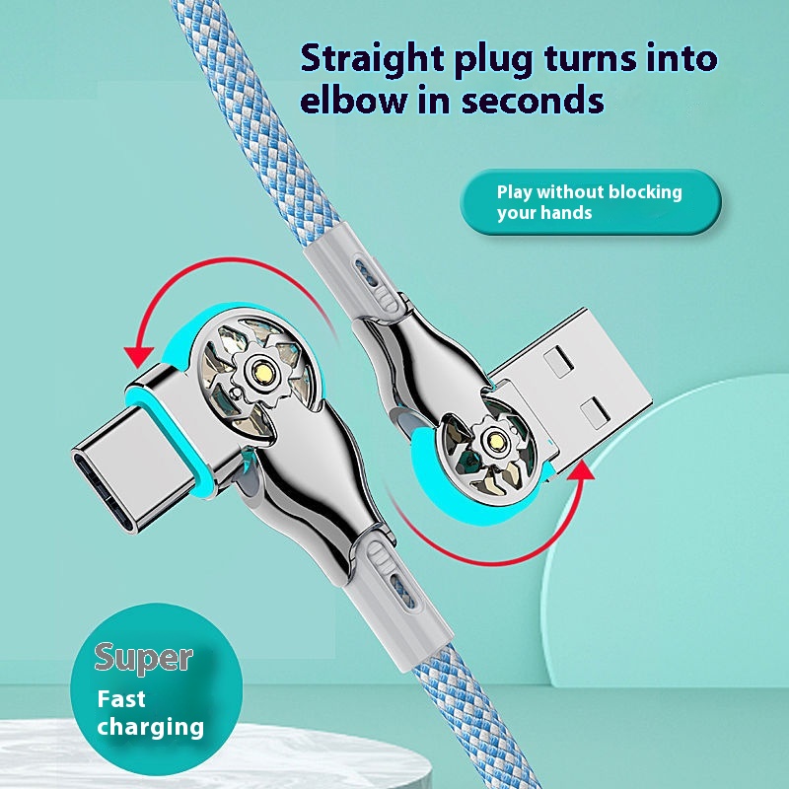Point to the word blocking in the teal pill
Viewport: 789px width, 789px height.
(645, 192)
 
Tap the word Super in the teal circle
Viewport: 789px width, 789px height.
(143, 659)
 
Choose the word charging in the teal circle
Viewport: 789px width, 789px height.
(151, 728)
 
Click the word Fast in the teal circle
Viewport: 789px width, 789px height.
(121, 699)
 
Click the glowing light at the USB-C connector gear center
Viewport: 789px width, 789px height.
(263, 374)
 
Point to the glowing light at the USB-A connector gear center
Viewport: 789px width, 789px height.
(497, 442)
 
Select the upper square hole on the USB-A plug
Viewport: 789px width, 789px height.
(558, 362)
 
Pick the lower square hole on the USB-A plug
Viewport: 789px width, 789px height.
(596, 413)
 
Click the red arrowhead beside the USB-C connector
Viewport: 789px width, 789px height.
(138, 356)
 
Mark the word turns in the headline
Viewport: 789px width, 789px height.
(590, 59)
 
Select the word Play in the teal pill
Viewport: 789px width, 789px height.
(515, 193)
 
